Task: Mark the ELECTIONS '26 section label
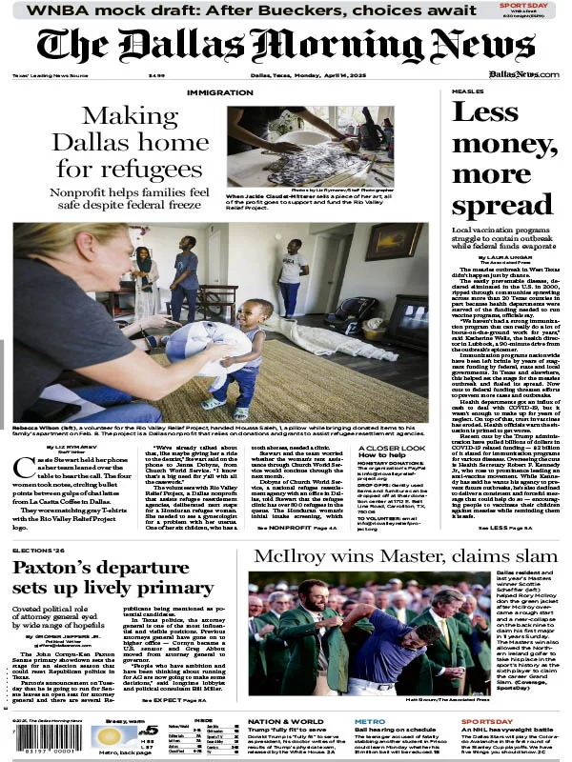38,551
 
